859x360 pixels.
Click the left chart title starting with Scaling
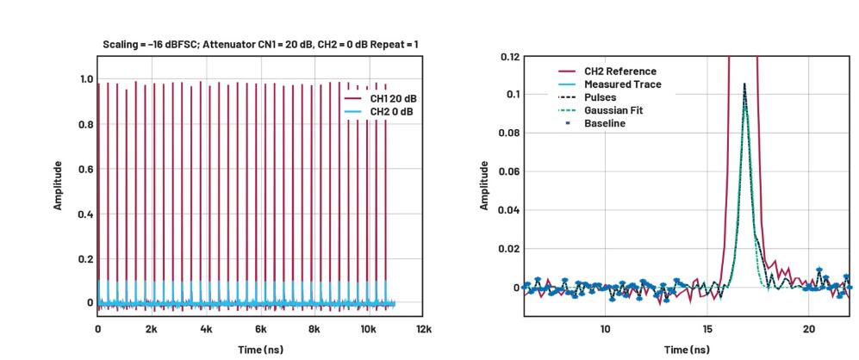click(x=260, y=43)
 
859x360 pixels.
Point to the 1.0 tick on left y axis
click(x=86, y=79)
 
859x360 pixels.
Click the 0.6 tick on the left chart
click(x=86, y=169)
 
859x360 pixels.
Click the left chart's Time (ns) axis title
click(x=259, y=349)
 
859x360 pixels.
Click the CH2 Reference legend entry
click(x=619, y=71)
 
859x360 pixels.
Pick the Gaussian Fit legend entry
click(x=613, y=110)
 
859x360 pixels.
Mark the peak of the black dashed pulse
click(x=744, y=84)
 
